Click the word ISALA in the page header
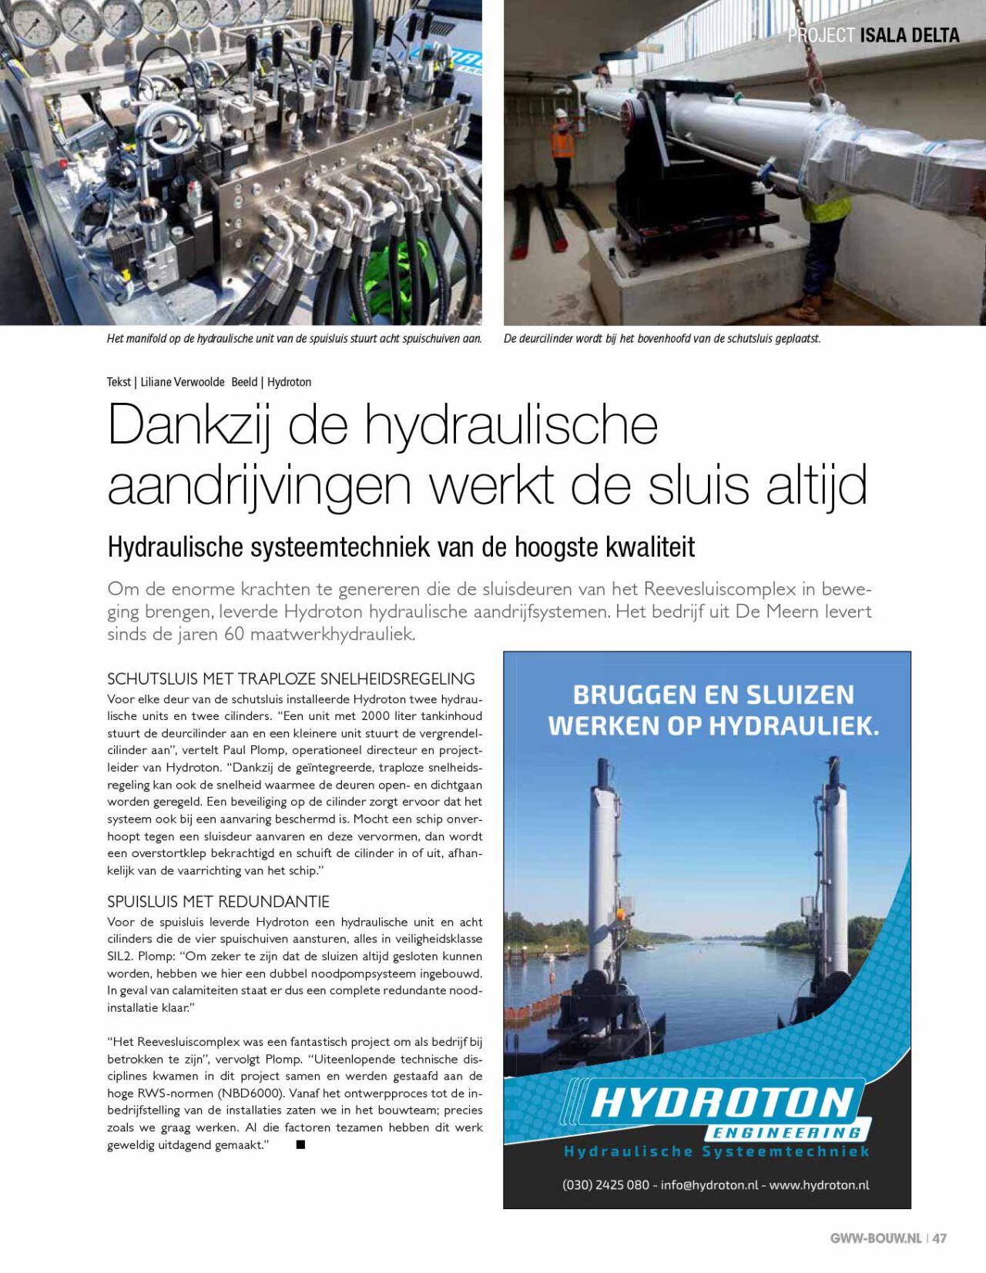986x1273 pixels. pyautogui.click(x=883, y=35)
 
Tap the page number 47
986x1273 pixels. pyautogui.click(x=940, y=1238)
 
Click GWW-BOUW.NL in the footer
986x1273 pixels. pyautogui.click(x=875, y=1238)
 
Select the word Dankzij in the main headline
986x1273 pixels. pyautogui.click(x=189, y=425)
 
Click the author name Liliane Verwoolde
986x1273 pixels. pyautogui.click(x=183, y=382)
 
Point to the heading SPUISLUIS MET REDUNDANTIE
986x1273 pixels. pyautogui.click(x=218, y=902)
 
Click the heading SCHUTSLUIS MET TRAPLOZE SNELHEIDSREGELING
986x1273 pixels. pyautogui.click(x=290, y=679)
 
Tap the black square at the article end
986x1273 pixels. pyautogui.click(x=301, y=1145)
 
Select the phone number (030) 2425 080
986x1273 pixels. pyautogui.click(x=605, y=1185)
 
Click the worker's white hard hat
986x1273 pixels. pyautogui.click(x=562, y=113)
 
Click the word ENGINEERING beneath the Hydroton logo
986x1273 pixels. pyautogui.click(x=786, y=1133)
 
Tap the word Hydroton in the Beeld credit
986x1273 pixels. pyautogui.click(x=289, y=382)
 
